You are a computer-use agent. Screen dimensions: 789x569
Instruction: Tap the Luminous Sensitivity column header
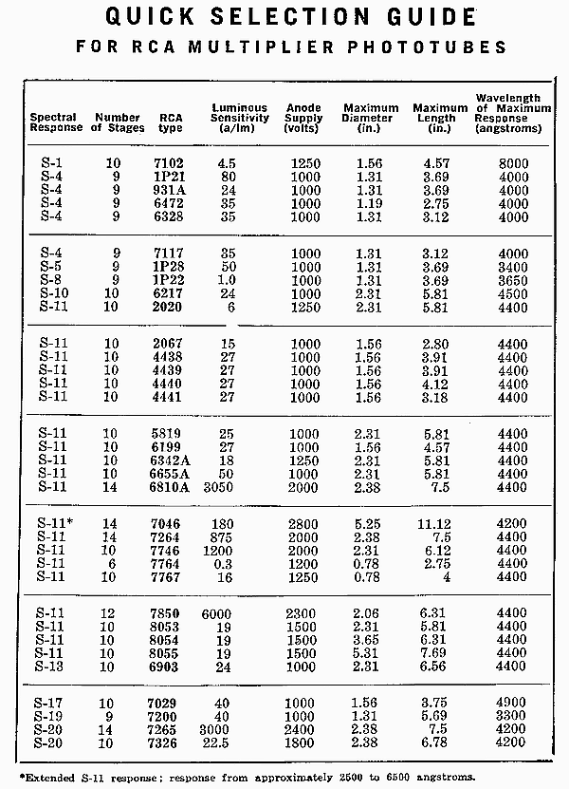coord(239,118)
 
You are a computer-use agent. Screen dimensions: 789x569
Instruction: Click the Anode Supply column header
coord(303,118)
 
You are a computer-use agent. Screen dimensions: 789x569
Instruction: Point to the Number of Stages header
coord(119,122)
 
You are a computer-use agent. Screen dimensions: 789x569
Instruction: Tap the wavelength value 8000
coord(512,164)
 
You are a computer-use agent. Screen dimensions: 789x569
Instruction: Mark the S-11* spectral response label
coord(56,523)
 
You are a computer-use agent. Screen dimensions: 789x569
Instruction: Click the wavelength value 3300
coord(512,715)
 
